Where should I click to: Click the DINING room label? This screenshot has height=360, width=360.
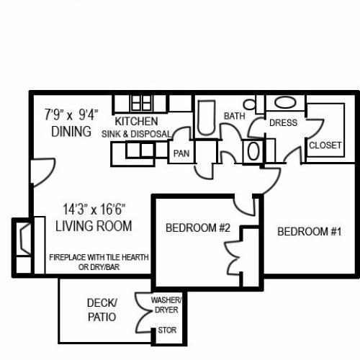[71, 131]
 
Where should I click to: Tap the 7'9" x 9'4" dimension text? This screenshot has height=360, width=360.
[71, 114]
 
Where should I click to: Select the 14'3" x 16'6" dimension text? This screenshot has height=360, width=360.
[94, 209]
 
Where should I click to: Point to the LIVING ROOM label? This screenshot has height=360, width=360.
[94, 226]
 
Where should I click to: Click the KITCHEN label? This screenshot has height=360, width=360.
[136, 121]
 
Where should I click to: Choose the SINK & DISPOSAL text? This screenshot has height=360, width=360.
[136, 134]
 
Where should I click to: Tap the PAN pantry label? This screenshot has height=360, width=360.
[181, 153]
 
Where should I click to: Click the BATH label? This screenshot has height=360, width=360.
[235, 116]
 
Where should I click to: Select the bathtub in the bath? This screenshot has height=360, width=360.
[206, 118]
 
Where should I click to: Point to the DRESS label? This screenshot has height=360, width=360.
[283, 122]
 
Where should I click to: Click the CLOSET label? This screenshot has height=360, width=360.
[325, 145]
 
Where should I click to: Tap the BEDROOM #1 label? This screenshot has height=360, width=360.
[309, 232]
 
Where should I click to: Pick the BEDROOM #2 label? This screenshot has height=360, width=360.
[198, 228]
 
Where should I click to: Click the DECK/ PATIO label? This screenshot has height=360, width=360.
[102, 310]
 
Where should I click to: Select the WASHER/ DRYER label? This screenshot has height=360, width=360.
[166, 305]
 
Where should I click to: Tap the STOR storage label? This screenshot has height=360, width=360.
[167, 330]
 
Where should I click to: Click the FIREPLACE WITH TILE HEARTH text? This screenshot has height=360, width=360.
[99, 258]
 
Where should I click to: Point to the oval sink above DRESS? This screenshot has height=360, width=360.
[285, 103]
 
